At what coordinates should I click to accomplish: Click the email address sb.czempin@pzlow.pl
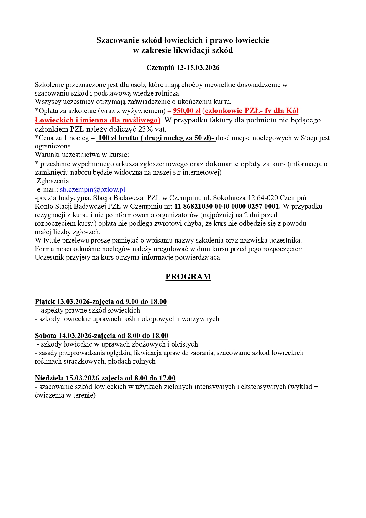coord(93,189)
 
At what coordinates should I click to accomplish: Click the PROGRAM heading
coord(188,277)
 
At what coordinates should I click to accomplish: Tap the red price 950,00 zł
coord(187,111)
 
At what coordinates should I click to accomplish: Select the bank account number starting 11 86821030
coord(227,206)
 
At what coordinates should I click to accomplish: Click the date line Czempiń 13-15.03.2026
coord(183,68)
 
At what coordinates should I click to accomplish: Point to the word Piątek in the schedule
coord(45,302)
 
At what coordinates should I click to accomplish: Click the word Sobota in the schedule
coord(45,336)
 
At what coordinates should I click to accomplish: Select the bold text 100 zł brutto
coord(118,138)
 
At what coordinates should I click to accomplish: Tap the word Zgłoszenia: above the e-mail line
coord(54,181)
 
